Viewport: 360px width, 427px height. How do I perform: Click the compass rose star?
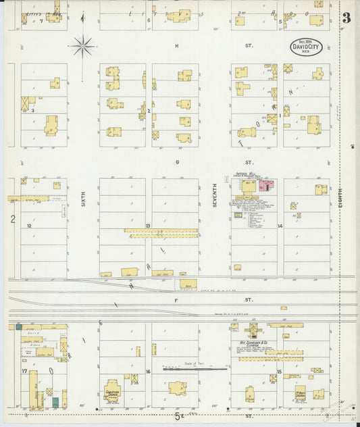pos(82,47)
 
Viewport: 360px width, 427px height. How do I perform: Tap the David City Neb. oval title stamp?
pos(306,47)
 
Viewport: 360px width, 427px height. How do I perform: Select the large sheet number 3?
pos(346,18)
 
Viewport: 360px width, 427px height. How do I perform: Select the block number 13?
pos(148,226)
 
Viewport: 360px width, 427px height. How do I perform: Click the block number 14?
pos(279,226)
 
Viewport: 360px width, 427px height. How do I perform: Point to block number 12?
pos(29,226)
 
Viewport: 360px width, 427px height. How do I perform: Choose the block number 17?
pos(24,372)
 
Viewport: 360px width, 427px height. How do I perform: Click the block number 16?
pos(148,372)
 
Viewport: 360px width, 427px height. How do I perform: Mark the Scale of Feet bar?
pos(195,369)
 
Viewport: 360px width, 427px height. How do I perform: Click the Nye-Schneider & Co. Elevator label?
pos(253,345)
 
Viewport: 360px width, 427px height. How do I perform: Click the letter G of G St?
pos(177,163)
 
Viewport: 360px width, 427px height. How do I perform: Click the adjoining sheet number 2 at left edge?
pos(12,219)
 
